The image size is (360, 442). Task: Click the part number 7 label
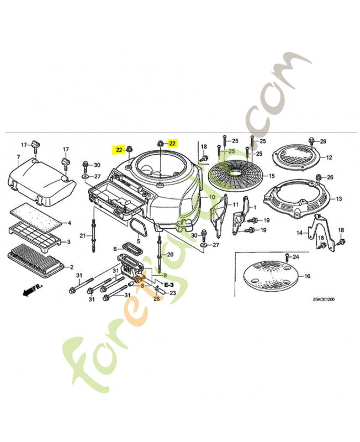(18, 157)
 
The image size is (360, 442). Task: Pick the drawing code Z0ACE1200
(323, 299)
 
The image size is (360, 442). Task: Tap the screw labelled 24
(287, 257)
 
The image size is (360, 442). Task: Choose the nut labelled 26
(319, 177)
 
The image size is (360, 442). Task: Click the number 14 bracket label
(299, 233)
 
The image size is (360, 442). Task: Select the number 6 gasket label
(114, 249)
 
